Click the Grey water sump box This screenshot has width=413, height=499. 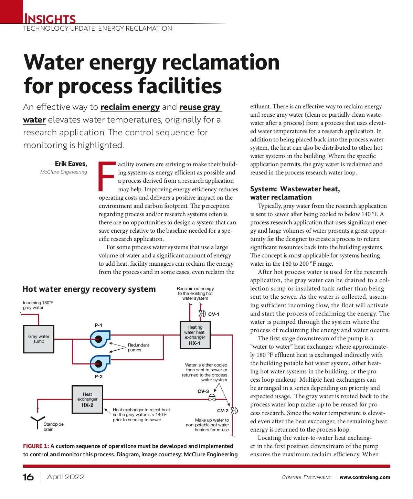[39, 339]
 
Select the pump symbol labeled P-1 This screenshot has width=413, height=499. [99, 339]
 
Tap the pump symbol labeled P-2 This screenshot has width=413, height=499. [99, 364]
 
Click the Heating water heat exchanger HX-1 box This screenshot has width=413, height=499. [195, 335]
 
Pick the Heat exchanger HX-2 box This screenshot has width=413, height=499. [87, 399]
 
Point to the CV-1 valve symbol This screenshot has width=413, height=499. [202, 314]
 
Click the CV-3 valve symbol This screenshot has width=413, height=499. [212, 398]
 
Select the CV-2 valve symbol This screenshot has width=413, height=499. [234, 411]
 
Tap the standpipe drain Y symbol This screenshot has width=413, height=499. [36, 422]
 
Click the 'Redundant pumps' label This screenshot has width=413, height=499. [138, 347]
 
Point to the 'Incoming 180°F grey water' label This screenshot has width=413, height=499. [38, 305]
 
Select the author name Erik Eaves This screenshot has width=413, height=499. [71, 164]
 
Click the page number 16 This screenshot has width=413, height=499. [28, 477]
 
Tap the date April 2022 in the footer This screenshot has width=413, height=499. [66, 477]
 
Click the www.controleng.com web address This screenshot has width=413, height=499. [365, 477]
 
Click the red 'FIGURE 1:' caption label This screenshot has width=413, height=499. [36, 446]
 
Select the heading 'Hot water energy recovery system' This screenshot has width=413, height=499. [89, 289]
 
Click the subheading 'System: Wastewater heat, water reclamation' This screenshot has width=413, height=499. [295, 193]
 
